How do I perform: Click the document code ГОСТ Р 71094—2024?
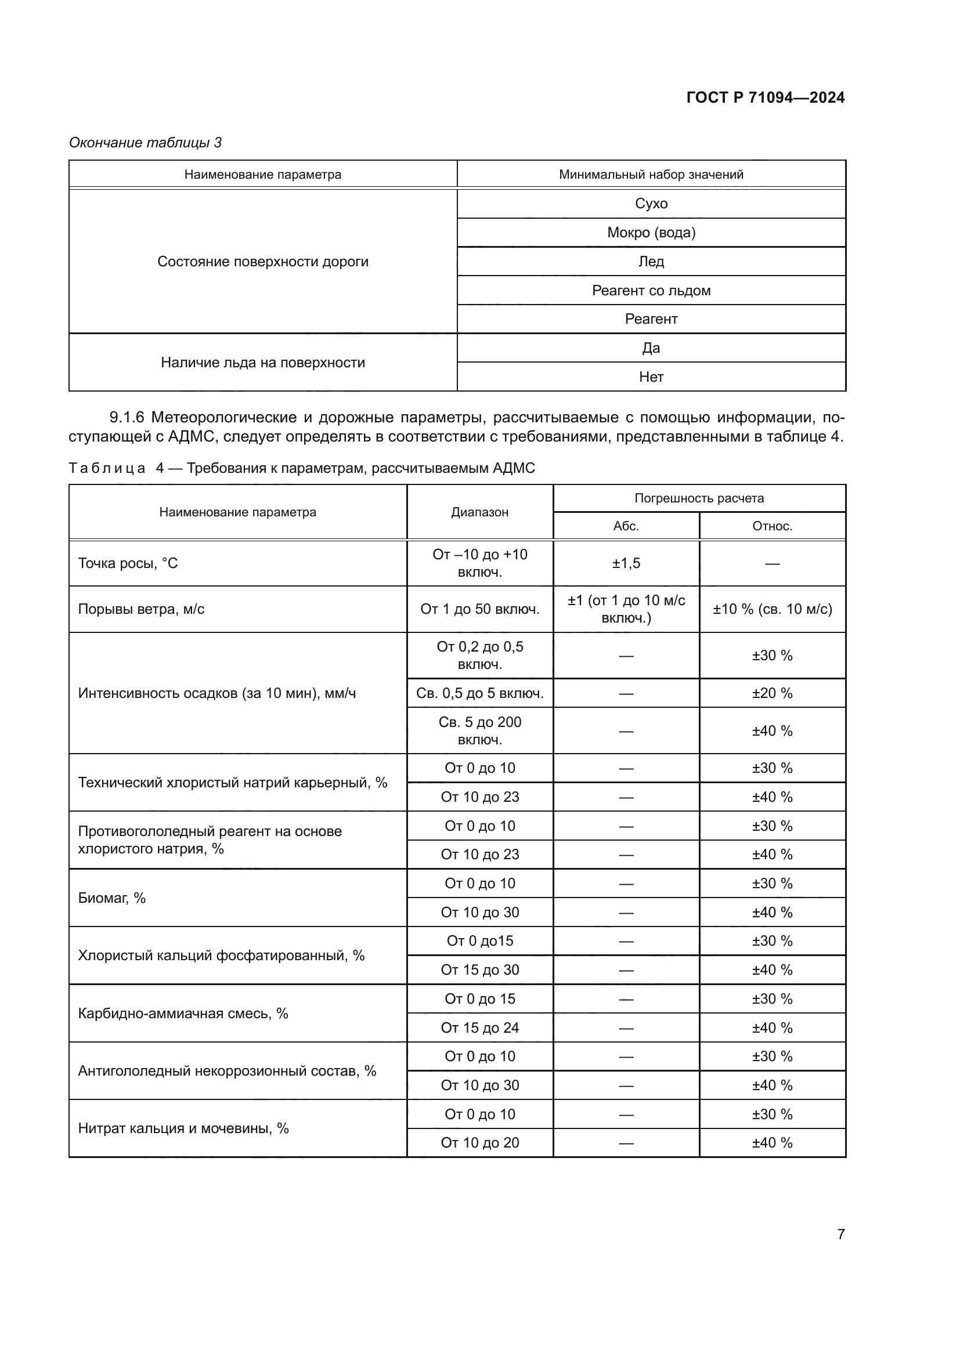click(x=765, y=97)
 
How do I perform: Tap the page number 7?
click(x=840, y=1233)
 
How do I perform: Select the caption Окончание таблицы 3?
click(x=146, y=143)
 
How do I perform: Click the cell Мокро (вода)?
click(x=651, y=232)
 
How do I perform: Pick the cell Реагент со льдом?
click(x=651, y=290)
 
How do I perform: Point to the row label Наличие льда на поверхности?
click(x=263, y=362)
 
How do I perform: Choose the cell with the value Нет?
click(x=651, y=377)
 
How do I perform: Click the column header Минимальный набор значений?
click(x=651, y=175)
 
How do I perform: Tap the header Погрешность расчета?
click(x=699, y=498)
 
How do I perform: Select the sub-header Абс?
click(x=626, y=526)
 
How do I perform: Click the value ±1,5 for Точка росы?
click(x=626, y=563)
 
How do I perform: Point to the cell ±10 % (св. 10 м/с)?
click(x=772, y=609)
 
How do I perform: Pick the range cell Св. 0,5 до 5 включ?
click(x=479, y=693)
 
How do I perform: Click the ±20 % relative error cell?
click(x=772, y=693)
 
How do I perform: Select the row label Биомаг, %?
click(x=111, y=898)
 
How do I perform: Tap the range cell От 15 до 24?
click(x=479, y=1028)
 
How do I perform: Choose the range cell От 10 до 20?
click(x=479, y=1142)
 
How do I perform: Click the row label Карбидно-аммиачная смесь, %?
click(x=183, y=1014)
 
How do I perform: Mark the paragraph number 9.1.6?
click(x=127, y=417)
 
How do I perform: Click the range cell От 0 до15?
click(x=479, y=941)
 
